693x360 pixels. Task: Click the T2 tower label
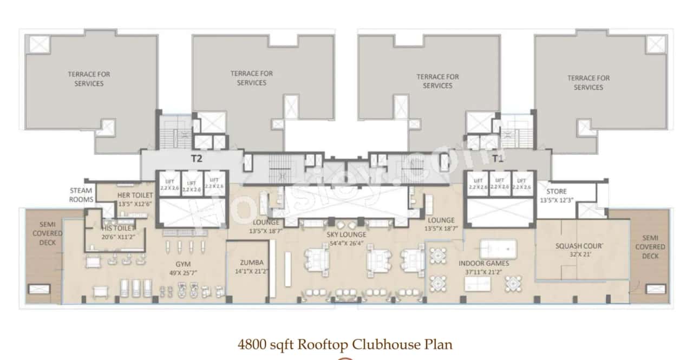pos(197,159)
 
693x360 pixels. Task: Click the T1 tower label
pos(498,159)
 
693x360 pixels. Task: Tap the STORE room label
pos(557,192)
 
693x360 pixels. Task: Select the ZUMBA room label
pos(250,263)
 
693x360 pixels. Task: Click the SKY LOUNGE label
pos(346,234)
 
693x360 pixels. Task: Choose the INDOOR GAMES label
pos(483,263)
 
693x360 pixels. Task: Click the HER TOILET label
pos(135,195)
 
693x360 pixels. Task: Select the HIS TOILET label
pos(118,228)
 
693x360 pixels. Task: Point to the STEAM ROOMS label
pos(81,195)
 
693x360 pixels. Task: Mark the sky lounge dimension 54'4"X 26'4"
pos(346,243)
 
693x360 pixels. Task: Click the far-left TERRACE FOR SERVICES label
pos(89,78)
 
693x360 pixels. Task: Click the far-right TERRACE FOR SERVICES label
pos(589,82)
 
